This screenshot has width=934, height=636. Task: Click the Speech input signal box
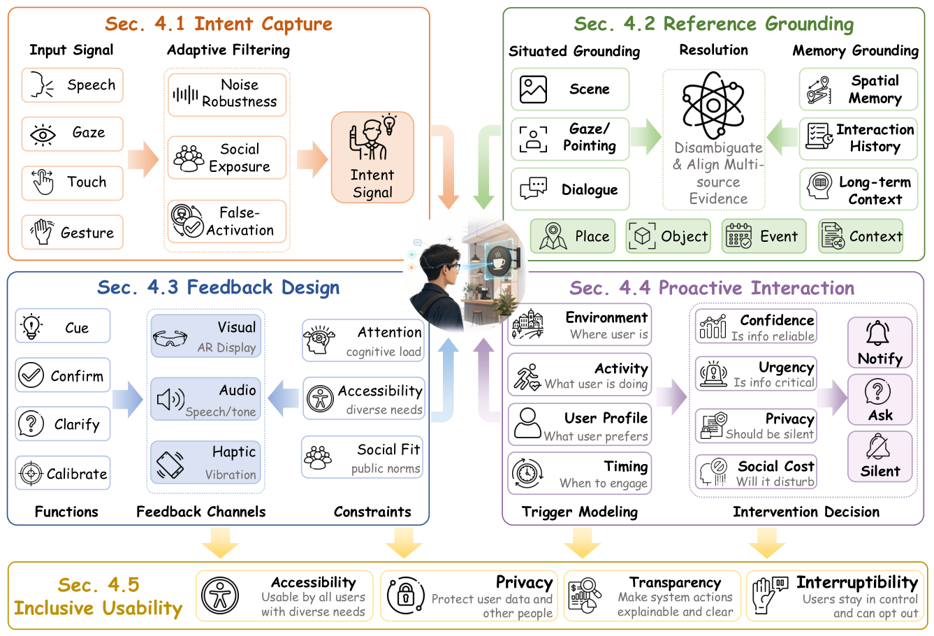pos(72,85)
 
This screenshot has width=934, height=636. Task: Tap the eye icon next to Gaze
pos(43,135)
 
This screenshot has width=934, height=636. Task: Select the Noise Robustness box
pos(227,94)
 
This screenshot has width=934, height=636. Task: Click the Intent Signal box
pos(372,157)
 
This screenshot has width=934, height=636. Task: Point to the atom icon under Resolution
pos(713,105)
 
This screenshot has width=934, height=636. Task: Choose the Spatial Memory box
pos(858,89)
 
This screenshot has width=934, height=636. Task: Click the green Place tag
pos(573,236)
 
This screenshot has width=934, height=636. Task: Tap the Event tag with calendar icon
pos(764,236)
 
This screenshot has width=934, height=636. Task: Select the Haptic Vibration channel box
pos(205,463)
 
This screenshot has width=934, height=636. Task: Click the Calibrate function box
pos(63,473)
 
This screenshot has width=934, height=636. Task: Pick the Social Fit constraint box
pos(362,457)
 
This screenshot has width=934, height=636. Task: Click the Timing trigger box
pos(579,473)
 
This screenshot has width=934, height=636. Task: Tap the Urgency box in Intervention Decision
pos(756,374)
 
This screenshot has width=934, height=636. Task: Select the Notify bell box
pos(880,342)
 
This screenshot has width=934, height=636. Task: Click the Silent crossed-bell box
pos(880,456)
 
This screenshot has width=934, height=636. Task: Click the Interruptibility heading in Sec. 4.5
pos(857,582)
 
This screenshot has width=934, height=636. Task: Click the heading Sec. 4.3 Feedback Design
pos(219,287)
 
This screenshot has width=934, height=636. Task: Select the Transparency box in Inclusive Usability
pos(652,595)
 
